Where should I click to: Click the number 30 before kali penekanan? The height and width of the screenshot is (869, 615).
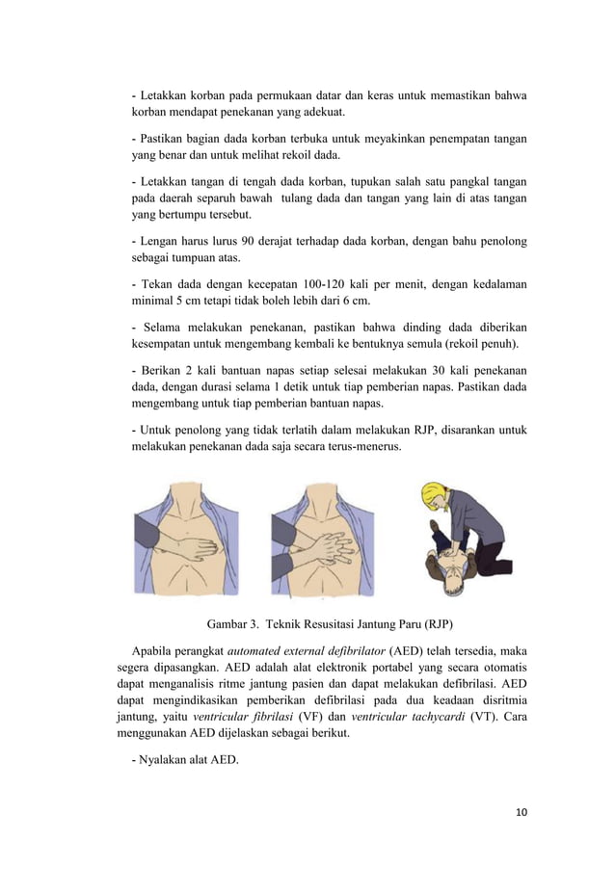(426, 370)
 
